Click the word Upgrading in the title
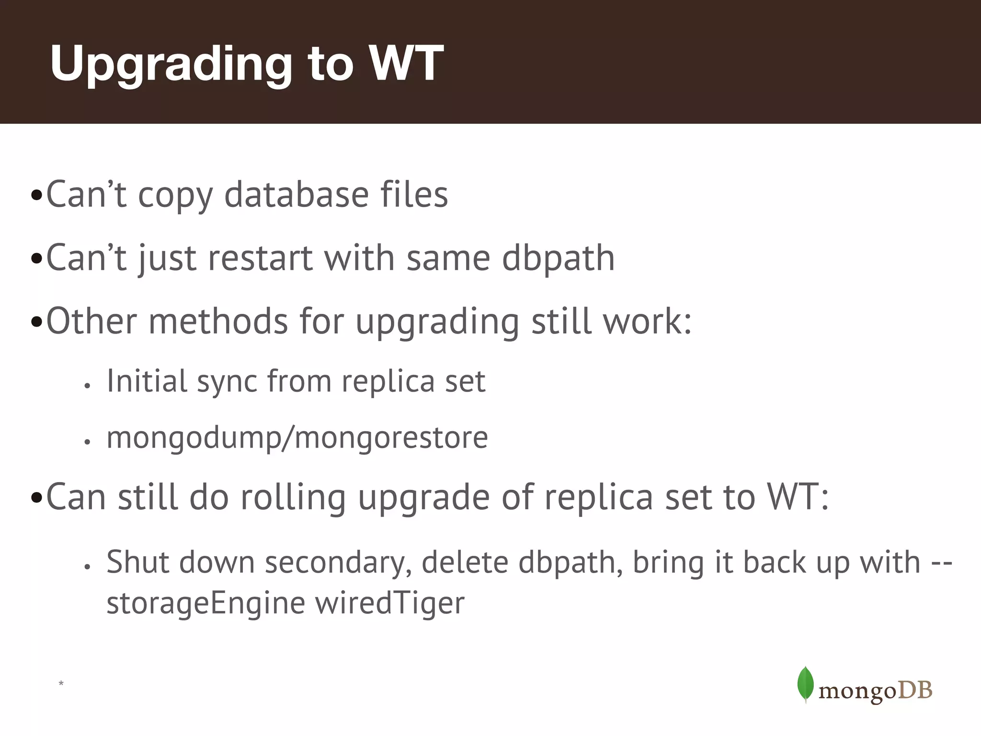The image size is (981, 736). (x=171, y=65)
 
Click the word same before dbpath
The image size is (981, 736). (x=448, y=259)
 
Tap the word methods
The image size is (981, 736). (x=218, y=321)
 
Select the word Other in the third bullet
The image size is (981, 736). (x=91, y=321)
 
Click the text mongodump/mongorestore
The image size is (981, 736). (x=297, y=437)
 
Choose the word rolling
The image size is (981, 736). (x=293, y=497)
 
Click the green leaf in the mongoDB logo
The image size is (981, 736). (x=805, y=684)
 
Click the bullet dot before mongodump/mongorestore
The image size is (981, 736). (x=87, y=442)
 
